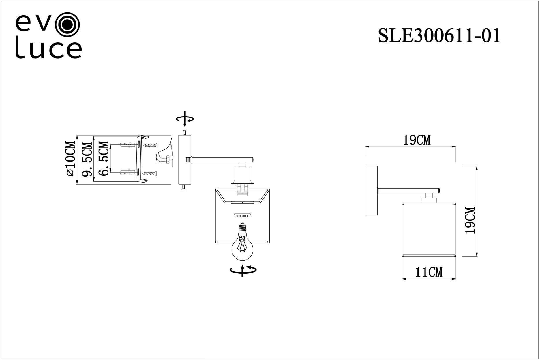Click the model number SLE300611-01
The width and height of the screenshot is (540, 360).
(439, 36)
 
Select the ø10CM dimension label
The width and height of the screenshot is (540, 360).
(71, 159)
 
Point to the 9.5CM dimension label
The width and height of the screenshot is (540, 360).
(87, 159)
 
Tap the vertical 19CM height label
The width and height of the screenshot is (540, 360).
(470, 220)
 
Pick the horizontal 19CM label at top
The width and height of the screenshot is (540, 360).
(417, 140)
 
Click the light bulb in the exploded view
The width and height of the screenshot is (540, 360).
(242, 242)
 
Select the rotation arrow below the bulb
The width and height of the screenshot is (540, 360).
(243, 270)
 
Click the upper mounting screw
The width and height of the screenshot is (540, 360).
(151, 145)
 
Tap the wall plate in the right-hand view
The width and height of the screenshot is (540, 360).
(371, 190)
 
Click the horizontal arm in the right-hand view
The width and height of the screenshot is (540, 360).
(408, 190)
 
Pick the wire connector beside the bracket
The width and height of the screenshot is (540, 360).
(168, 159)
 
